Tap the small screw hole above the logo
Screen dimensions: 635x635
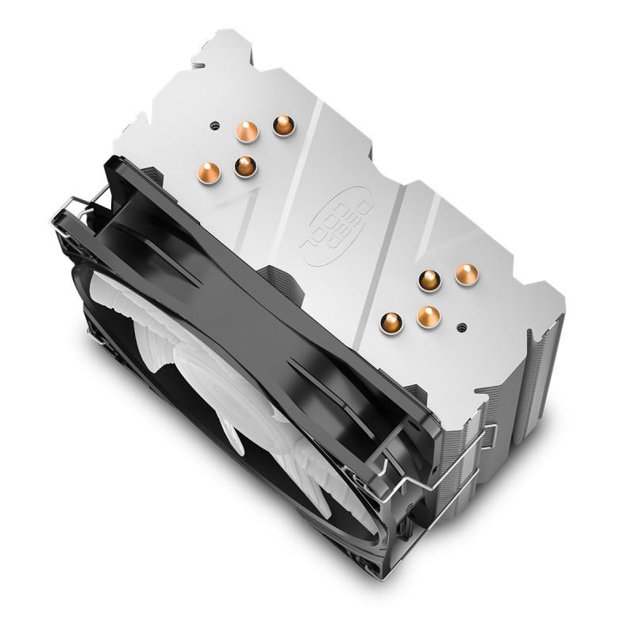(214, 125)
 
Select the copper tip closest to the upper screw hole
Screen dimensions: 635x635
(247, 131)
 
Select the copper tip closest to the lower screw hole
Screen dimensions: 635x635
(429, 316)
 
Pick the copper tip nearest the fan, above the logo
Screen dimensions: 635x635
(209, 172)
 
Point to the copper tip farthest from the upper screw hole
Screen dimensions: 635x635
(245, 167)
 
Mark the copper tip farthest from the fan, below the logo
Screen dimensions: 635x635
(467, 275)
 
